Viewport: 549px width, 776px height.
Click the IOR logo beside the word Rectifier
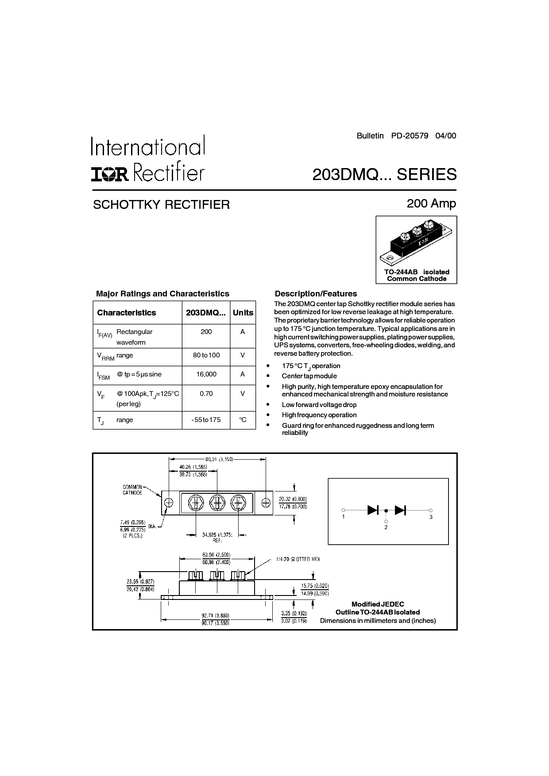[109, 174]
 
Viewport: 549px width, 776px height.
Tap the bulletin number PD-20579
[410, 136]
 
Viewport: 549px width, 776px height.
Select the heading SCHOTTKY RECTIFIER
[161, 204]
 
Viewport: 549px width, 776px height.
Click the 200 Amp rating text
[431, 204]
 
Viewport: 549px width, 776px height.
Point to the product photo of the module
[416, 242]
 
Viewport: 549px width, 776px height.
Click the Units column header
[243, 313]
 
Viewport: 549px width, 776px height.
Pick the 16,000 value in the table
[206, 374]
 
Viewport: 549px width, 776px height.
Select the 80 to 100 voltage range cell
[206, 355]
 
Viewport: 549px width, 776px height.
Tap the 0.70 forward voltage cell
[206, 393]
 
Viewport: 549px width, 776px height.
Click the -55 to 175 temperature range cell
[206, 420]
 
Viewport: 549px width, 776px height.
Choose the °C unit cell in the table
[243, 420]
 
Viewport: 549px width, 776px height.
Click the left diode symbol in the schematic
[373, 510]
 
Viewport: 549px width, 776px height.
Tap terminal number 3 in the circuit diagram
[431, 517]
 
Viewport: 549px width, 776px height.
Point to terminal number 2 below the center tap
[386, 527]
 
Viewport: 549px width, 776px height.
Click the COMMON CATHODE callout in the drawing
[132, 490]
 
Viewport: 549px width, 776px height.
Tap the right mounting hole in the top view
[266, 503]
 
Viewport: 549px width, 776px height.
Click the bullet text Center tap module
[309, 376]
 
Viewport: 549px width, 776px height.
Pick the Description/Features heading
[316, 294]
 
